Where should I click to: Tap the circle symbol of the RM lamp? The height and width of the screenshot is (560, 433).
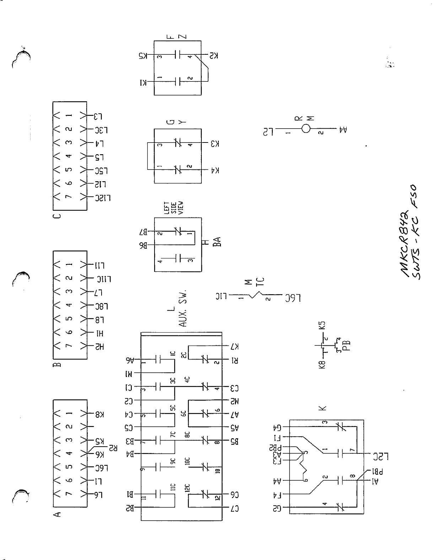tap(305, 129)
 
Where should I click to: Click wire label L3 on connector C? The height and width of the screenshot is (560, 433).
tap(98, 116)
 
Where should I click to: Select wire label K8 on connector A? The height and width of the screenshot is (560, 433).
tap(99, 414)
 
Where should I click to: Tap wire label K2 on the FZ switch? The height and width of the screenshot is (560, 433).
tap(213, 55)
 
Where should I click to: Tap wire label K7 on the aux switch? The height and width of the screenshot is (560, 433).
tap(234, 346)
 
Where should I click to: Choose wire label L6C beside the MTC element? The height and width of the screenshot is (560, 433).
tap(292, 298)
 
